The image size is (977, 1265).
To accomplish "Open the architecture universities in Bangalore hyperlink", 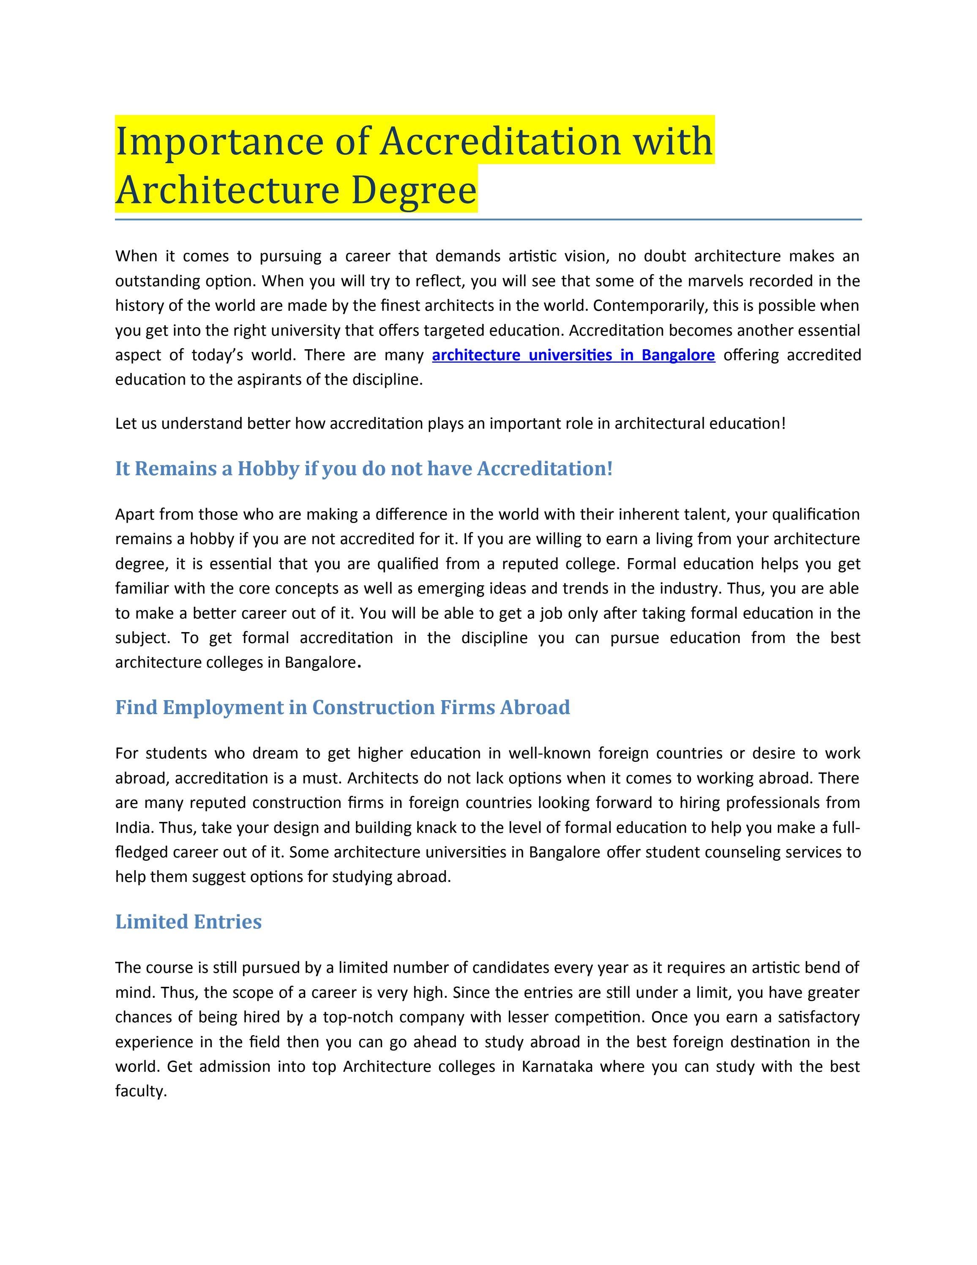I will coord(573,355).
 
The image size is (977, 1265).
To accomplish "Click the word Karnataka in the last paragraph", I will coord(557,1066).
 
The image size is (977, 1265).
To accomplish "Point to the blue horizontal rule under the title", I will coord(488,219).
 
